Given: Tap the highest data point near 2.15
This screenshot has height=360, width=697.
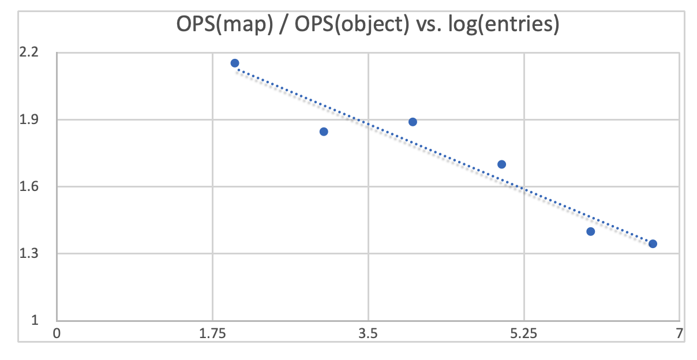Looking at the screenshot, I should pyautogui.click(x=235, y=63).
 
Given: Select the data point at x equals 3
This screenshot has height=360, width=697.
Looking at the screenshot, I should pyautogui.click(x=324, y=132).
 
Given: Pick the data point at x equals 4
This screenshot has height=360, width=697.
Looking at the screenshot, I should pyautogui.click(x=413, y=122).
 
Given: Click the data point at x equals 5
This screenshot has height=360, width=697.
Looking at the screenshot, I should pyautogui.click(x=501, y=164).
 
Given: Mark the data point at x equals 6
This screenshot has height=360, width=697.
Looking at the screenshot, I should pyautogui.click(x=590, y=231).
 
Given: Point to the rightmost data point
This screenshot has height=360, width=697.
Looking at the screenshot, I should pyautogui.click(x=653, y=243).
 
